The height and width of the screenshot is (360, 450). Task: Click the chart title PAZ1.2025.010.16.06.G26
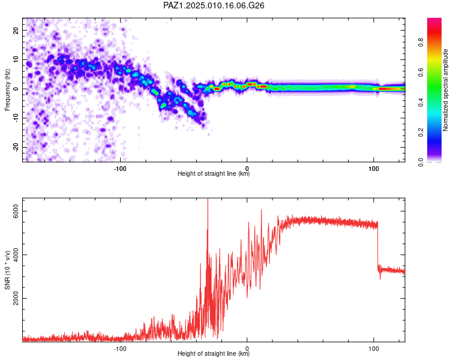tap(214, 5)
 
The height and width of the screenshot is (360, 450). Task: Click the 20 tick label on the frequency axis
tap(16, 30)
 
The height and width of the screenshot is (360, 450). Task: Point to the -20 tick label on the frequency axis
tap(16, 147)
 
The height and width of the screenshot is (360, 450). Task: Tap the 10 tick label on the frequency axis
tap(16, 59)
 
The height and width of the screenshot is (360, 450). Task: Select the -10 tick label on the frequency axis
tap(16, 118)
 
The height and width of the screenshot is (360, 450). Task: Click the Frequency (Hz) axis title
tap(7, 90)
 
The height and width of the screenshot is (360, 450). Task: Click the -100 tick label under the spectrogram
tap(120, 169)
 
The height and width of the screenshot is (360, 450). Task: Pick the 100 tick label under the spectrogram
tap(374, 169)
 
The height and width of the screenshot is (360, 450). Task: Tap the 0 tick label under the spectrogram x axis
tap(247, 169)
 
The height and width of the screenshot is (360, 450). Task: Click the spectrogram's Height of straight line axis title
tap(214, 173)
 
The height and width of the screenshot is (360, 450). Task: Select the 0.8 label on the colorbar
tap(421, 42)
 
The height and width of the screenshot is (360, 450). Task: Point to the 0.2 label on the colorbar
tap(421, 133)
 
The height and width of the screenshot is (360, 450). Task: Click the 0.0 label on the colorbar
tap(421, 162)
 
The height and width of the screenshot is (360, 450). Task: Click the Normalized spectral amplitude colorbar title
tap(445, 90)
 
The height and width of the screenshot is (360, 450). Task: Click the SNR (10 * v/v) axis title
tap(7, 270)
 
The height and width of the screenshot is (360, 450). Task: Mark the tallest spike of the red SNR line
tap(208, 199)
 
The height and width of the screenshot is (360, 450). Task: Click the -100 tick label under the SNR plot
tap(120, 349)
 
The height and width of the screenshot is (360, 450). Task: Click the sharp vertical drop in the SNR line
tap(377, 245)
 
